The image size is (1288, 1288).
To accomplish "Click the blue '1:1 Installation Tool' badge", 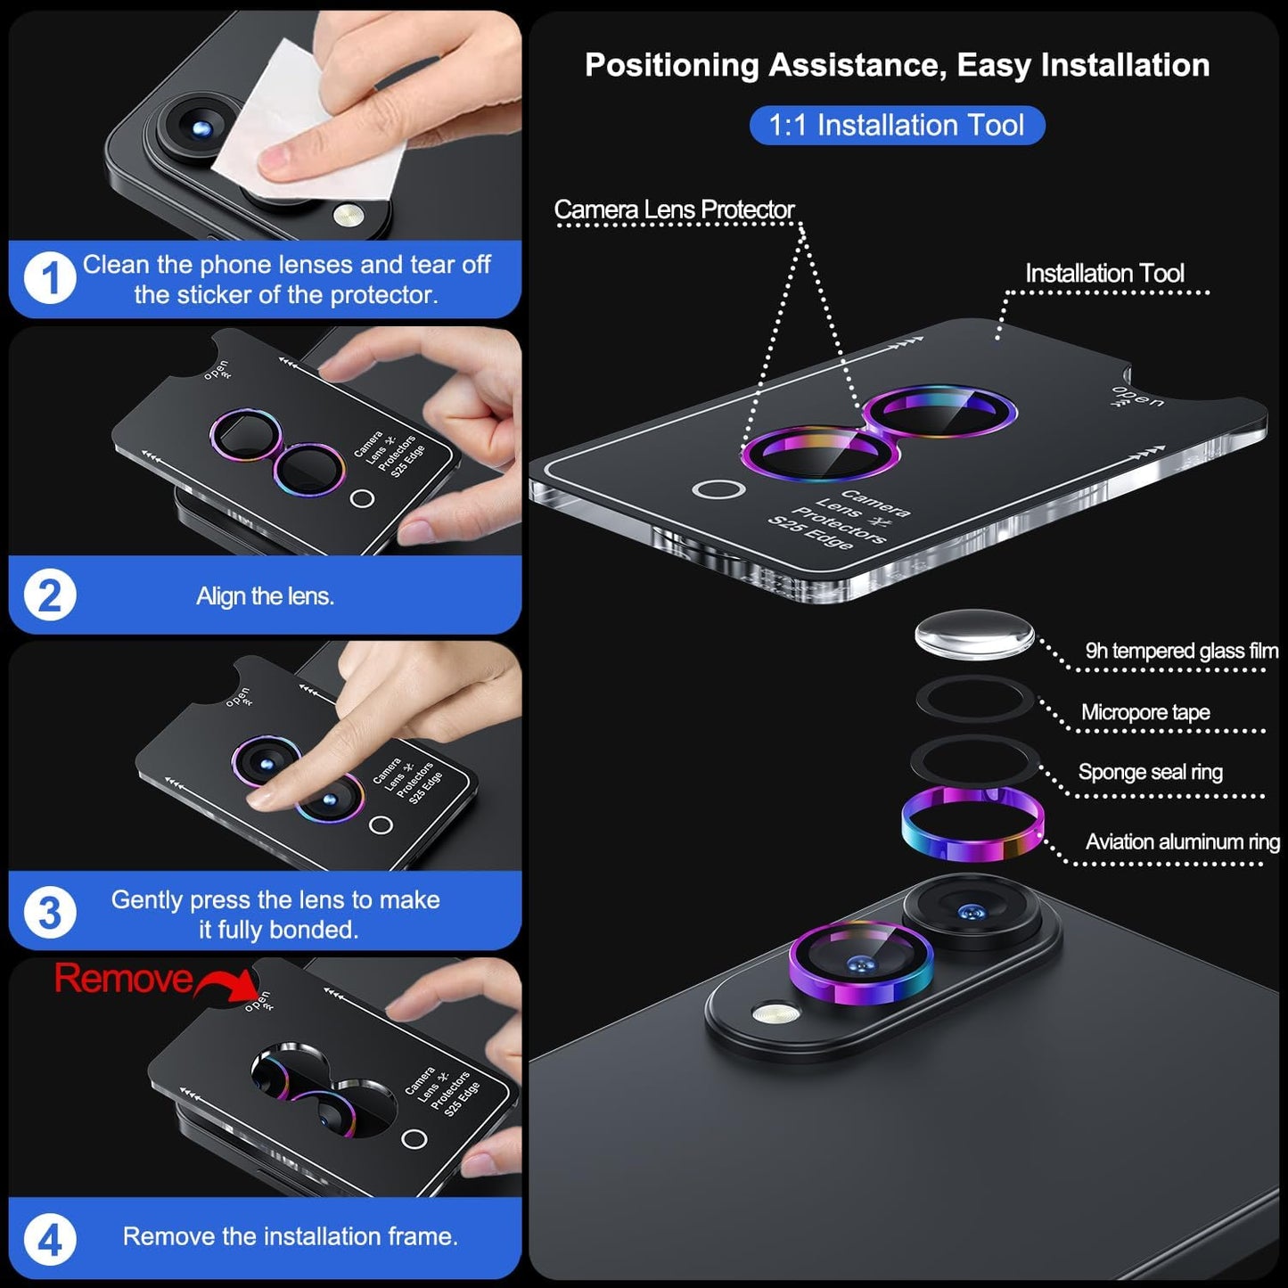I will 896,125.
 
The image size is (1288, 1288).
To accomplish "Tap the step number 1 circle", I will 49,279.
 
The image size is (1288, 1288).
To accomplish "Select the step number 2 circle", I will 49,595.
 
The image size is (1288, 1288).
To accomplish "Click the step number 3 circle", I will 49,913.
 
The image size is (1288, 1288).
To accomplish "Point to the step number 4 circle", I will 49,1239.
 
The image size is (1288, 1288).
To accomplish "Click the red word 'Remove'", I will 123,979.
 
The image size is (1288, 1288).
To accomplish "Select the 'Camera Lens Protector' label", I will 674,209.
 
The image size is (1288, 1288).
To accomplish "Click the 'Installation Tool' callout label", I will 1103,274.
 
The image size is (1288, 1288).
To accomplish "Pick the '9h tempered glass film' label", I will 1180,651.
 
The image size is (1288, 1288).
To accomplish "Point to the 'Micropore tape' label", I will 1144,712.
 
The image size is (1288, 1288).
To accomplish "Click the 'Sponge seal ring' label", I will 1150,772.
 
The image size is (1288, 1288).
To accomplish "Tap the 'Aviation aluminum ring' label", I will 1182,841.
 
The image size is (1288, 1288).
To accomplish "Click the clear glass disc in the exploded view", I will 973,635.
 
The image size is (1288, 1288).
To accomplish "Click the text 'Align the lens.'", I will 265,596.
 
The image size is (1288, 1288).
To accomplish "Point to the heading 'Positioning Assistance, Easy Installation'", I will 897,65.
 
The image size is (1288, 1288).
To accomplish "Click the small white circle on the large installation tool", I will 718,489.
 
